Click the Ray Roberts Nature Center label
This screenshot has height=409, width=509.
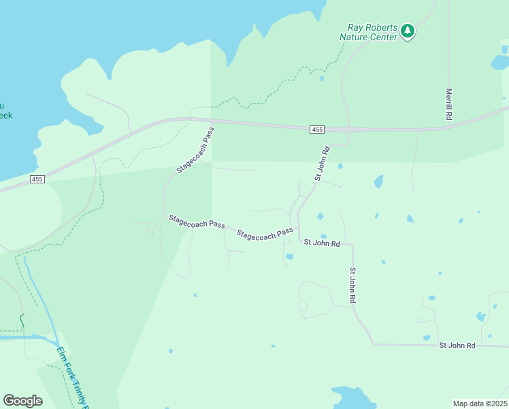click(x=368, y=32)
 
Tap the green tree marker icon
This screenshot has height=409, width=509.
click(x=407, y=30)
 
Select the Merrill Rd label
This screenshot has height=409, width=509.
click(x=449, y=104)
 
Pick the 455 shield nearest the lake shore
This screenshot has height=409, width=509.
click(x=37, y=179)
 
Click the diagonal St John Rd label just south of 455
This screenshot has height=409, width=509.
click(x=322, y=164)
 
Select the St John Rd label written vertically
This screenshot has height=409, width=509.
click(x=353, y=285)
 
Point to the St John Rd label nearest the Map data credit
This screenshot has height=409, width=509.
click(x=457, y=346)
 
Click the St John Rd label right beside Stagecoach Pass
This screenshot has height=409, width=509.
click(x=321, y=242)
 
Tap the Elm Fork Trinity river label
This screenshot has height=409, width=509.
click(x=72, y=376)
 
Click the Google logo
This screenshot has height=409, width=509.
click(x=22, y=401)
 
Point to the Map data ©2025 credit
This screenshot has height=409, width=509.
click(x=480, y=404)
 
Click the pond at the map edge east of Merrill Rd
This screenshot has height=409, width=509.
click(x=500, y=63)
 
